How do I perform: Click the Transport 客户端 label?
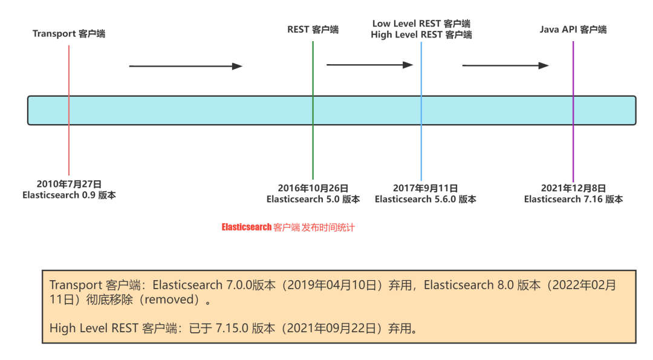click(69, 34)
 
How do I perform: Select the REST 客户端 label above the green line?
click(313, 30)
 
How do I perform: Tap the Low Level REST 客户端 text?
click(421, 24)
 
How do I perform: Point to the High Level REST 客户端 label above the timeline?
click(421, 35)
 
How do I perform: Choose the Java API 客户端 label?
click(573, 30)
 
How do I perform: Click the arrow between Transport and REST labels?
click(186, 66)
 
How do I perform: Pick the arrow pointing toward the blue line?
click(369, 64)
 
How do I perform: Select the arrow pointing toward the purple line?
click(505, 65)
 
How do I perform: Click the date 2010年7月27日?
click(69, 184)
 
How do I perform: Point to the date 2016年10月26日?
click(313, 188)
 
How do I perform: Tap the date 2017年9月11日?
click(425, 188)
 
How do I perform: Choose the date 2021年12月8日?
click(573, 188)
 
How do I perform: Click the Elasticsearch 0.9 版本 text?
click(69, 195)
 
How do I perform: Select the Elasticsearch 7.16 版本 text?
click(573, 199)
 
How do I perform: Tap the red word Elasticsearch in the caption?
click(247, 228)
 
